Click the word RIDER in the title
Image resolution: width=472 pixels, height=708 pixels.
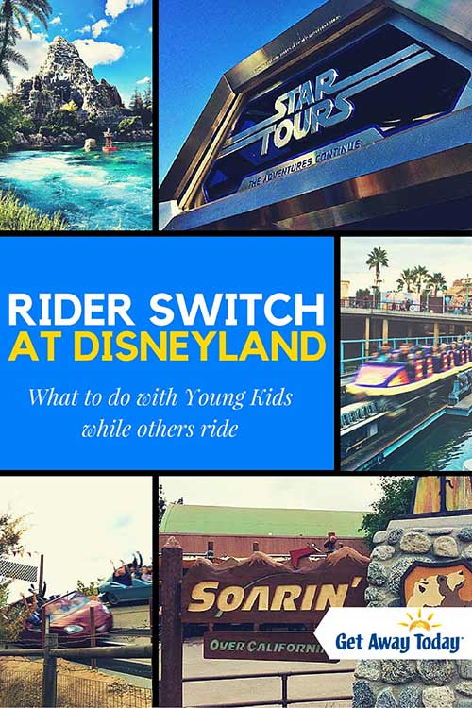71,310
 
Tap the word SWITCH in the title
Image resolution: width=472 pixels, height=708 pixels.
237,310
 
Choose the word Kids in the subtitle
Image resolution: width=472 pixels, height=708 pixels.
270,397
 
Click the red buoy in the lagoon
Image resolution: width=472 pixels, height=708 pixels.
109,141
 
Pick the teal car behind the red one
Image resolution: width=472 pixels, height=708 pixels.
126,588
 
